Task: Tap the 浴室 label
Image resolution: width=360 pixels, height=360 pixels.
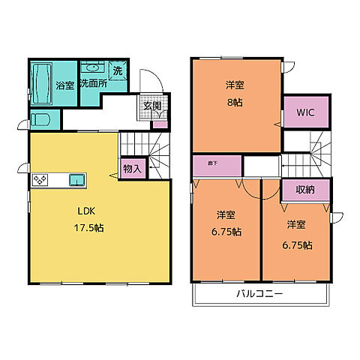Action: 65,85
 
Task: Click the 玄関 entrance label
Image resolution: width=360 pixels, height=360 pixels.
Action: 152,106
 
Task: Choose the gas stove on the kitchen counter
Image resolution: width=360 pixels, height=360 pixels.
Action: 40,180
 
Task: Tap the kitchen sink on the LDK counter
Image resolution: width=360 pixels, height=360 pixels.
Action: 76,179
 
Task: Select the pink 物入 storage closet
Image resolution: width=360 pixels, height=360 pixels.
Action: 132,169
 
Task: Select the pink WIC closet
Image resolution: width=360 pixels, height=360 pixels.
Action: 304,113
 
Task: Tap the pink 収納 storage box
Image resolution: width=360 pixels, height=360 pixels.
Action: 304,190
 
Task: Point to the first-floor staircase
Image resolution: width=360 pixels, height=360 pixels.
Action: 148,150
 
